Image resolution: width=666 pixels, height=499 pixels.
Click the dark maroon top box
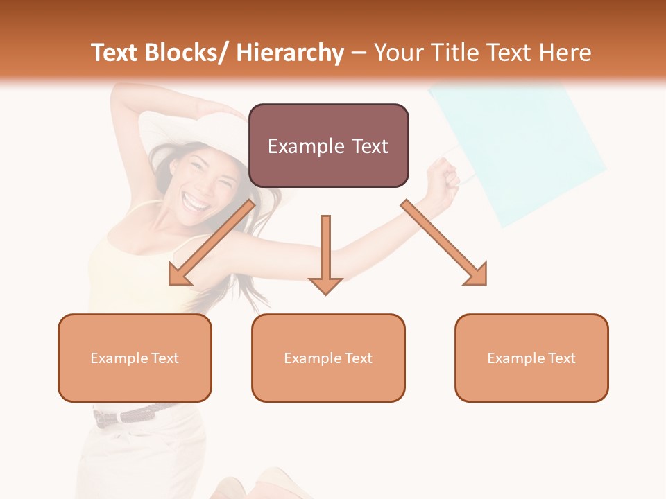click(x=328, y=146)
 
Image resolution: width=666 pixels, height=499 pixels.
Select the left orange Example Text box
click(x=135, y=358)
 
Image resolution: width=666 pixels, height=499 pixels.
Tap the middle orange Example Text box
click(x=328, y=358)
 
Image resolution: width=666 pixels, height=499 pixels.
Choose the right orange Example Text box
click(x=531, y=358)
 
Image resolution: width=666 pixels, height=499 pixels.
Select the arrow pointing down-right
click(x=444, y=243)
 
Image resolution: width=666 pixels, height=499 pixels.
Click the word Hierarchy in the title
click(x=289, y=53)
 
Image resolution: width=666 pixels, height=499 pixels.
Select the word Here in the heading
click(x=565, y=53)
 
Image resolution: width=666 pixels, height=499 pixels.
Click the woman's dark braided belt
click(x=135, y=414)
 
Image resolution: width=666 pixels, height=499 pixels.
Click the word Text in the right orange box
click(x=561, y=358)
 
